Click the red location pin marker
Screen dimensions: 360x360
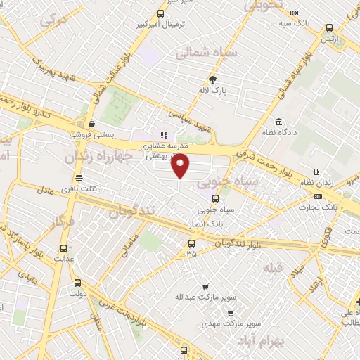tap(181, 165)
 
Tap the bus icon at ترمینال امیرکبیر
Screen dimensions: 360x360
tap(161, 13)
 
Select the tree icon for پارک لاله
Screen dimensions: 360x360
tap(213, 79)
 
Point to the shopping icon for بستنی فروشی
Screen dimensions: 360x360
tap(92, 124)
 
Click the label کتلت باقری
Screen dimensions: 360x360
tap(78, 188)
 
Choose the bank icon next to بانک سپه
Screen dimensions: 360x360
tap(294, 13)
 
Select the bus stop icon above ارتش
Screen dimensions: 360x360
tap(329, 28)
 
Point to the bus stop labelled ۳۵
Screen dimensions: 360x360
tap(191, 244)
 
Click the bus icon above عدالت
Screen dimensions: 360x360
tap(64, 248)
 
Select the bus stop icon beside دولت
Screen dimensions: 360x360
tap(77, 283)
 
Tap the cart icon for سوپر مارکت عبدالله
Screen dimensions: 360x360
tap(205, 286)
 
